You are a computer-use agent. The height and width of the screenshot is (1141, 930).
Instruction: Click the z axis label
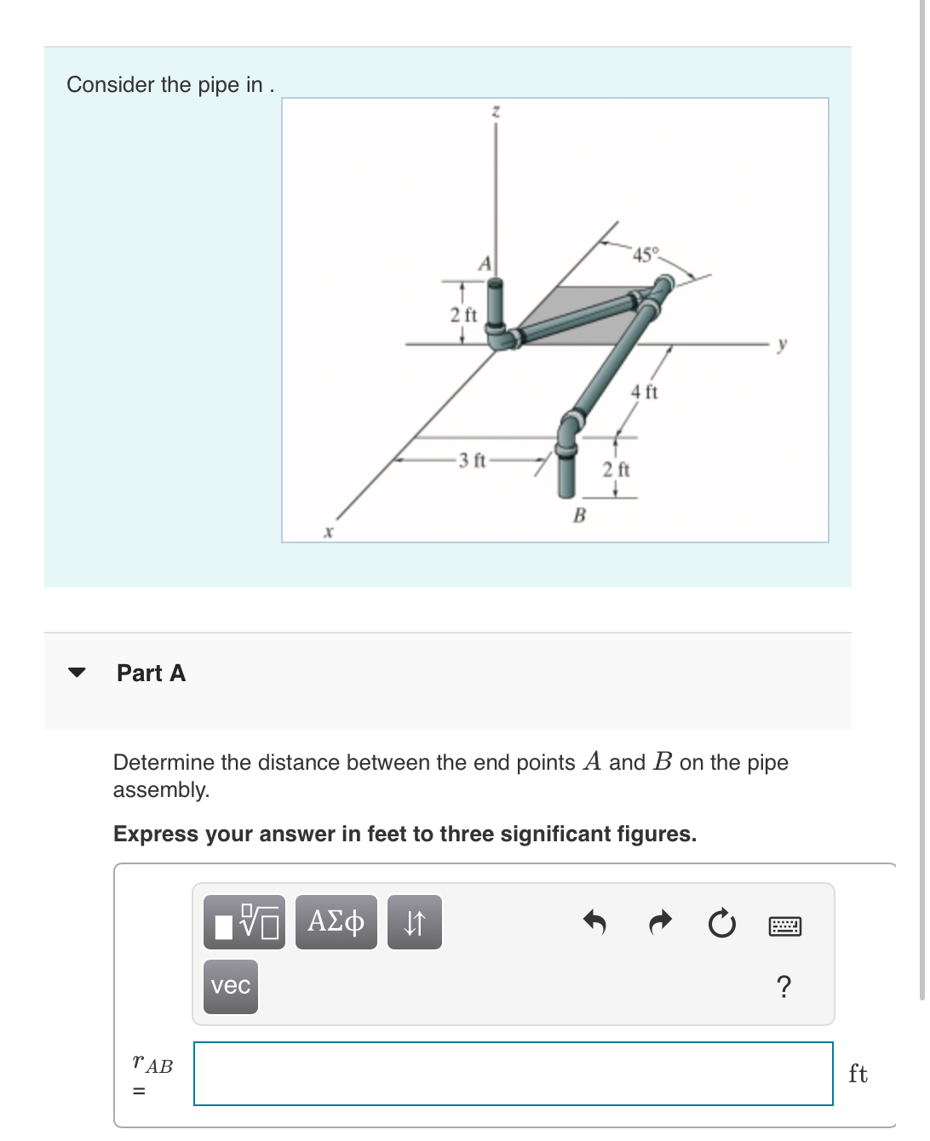tap(496, 112)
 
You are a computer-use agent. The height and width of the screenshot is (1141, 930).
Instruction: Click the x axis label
tap(328, 532)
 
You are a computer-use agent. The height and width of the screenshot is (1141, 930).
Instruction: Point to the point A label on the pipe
tap(485, 263)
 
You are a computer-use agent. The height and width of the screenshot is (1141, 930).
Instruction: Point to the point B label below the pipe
tap(579, 515)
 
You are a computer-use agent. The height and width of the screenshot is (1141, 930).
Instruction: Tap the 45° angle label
tap(646, 255)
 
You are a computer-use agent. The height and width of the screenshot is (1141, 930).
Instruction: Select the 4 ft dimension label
tap(644, 392)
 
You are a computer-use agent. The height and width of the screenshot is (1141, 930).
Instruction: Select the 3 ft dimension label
tap(471, 461)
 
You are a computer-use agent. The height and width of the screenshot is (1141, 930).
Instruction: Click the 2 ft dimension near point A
tap(463, 314)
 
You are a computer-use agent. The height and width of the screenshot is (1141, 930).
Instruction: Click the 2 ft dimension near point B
tap(616, 469)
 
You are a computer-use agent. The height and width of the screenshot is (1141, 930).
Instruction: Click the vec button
tap(231, 986)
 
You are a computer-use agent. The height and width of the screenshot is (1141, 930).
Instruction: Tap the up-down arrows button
tap(414, 922)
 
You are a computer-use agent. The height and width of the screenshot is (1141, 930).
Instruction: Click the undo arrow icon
tap(594, 922)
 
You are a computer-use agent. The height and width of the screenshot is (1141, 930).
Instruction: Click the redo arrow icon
tap(660, 922)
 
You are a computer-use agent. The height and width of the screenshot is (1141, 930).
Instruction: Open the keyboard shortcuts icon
tap(784, 926)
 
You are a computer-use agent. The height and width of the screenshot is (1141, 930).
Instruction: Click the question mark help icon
tap(784, 987)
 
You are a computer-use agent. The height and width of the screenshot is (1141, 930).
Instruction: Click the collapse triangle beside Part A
tap(77, 673)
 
